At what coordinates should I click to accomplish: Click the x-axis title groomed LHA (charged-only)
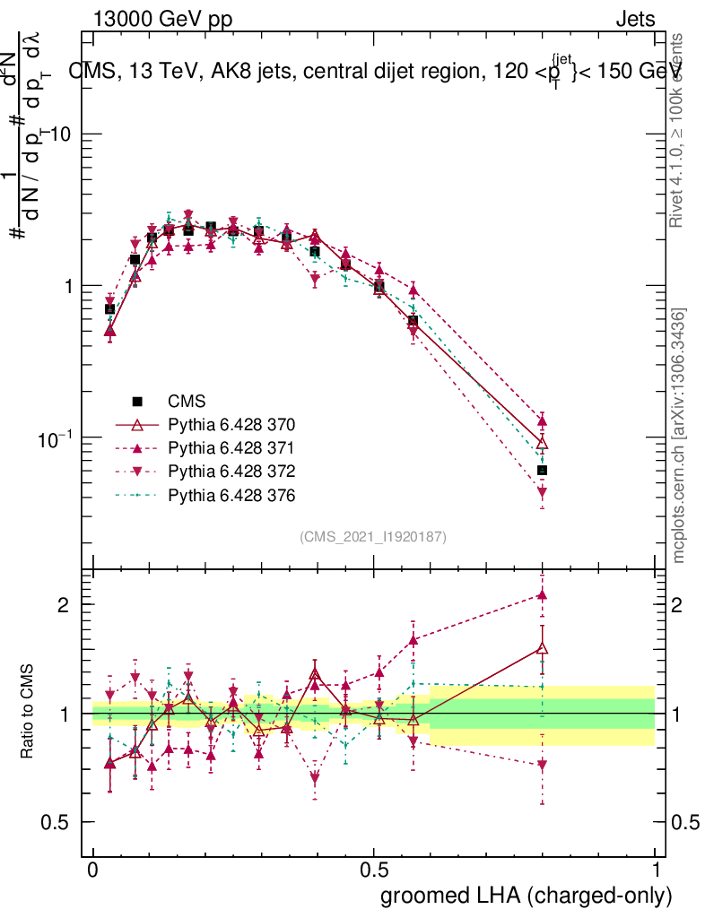point(527,895)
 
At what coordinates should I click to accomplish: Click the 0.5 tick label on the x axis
point(374,870)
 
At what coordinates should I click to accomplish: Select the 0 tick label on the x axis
point(92,870)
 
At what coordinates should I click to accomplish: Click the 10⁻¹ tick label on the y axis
point(58,437)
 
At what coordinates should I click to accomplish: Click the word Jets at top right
point(635,19)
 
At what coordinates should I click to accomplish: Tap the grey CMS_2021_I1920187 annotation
point(373,536)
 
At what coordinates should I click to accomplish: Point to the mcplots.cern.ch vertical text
point(678,436)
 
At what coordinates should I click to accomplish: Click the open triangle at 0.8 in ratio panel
point(542,648)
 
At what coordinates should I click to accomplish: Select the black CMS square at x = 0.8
point(542,470)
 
